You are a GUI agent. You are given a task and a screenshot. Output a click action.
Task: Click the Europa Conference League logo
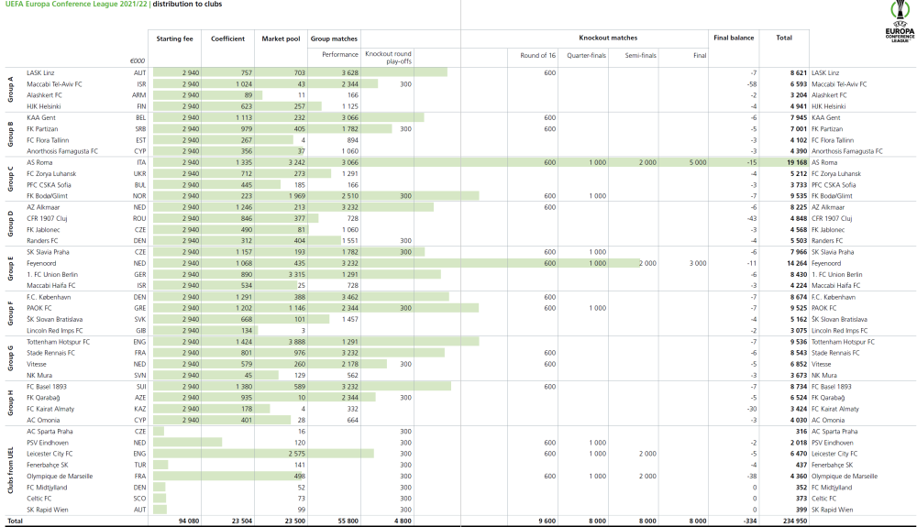tap(900, 22)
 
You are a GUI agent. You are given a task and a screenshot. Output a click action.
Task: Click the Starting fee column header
tap(174, 38)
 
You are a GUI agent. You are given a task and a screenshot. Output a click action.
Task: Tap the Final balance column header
tap(734, 38)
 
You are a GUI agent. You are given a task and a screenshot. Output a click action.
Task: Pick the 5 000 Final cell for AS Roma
tap(698, 161)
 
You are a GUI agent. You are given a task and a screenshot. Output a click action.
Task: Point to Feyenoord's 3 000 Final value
tap(698, 261)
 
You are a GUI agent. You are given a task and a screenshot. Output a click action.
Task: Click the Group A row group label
tap(10, 89)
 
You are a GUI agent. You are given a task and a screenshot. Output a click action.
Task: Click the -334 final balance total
tap(747, 521)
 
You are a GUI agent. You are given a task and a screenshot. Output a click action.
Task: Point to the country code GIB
tap(139, 330)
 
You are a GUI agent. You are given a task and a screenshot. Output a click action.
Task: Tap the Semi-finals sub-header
tap(641, 55)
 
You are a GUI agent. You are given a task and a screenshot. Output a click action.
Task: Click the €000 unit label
tap(138, 61)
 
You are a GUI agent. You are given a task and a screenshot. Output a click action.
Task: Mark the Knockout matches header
tap(608, 38)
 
